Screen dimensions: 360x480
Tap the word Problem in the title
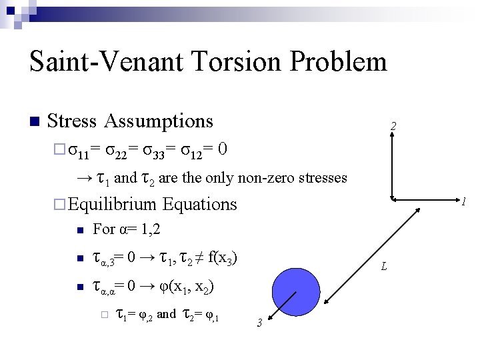(x=345, y=61)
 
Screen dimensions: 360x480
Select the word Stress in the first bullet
(x=73, y=121)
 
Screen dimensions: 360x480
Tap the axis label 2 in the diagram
(x=394, y=126)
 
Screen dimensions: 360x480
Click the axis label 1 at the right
(x=463, y=201)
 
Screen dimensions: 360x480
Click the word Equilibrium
(x=113, y=204)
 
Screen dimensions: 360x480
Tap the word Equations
(x=199, y=204)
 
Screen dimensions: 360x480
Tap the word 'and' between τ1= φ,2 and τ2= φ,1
(x=167, y=313)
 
